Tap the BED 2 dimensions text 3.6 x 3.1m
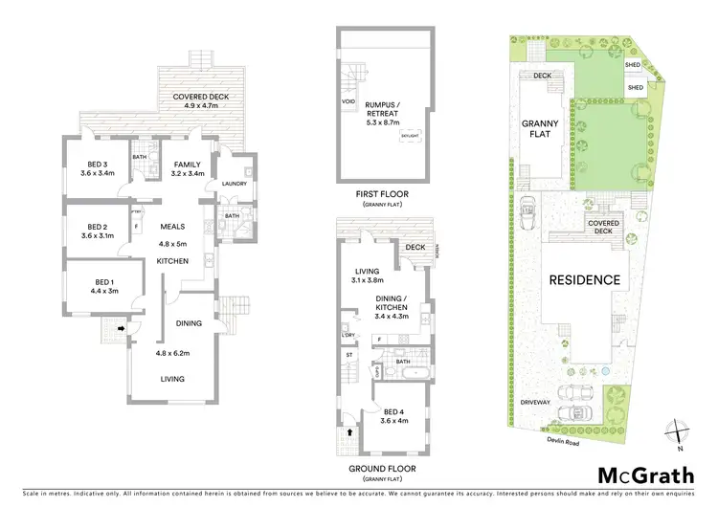coord(98,235)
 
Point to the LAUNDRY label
coord(234,184)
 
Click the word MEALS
coord(173,227)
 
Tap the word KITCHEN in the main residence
coord(172,261)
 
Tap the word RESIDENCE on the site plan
coord(585,280)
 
